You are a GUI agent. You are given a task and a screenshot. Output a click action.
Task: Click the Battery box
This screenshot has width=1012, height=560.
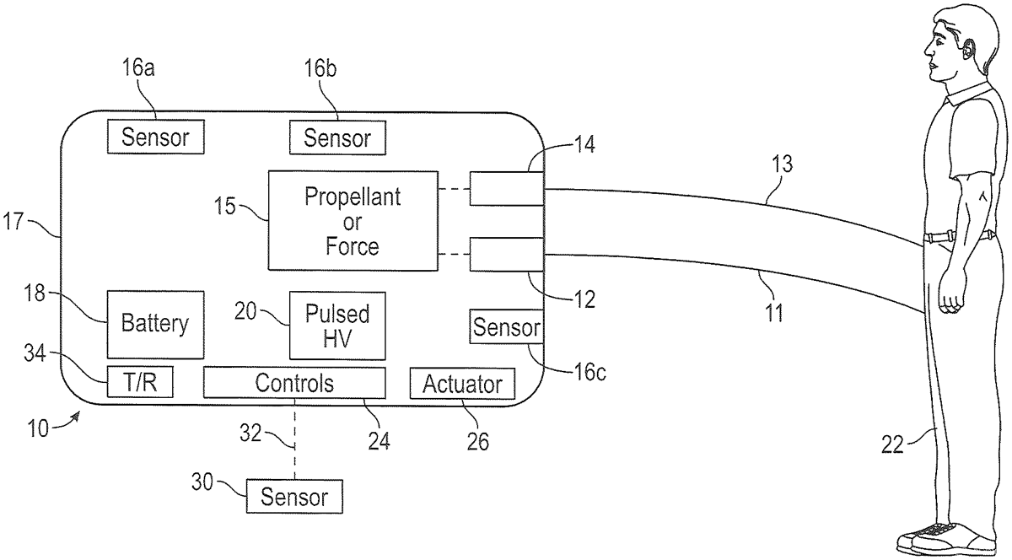(155, 324)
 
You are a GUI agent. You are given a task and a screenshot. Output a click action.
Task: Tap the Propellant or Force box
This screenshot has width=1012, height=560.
(353, 221)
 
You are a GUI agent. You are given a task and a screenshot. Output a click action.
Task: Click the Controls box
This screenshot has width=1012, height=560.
(294, 383)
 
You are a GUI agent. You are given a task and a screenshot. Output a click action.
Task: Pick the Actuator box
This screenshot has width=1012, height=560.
(461, 384)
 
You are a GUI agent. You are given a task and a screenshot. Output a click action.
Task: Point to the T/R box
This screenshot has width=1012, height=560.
(139, 383)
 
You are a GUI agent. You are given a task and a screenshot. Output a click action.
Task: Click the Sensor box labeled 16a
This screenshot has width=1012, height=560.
(156, 137)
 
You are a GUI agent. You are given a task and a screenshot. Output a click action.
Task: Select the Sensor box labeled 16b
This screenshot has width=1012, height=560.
(337, 137)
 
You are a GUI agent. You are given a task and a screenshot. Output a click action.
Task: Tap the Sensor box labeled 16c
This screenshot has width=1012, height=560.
(505, 327)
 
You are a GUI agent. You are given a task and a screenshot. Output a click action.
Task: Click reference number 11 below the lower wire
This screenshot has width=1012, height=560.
(774, 314)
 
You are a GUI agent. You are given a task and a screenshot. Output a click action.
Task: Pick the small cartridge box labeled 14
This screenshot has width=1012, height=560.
(504, 188)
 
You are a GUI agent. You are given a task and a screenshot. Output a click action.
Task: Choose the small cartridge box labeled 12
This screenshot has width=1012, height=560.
(504, 254)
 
